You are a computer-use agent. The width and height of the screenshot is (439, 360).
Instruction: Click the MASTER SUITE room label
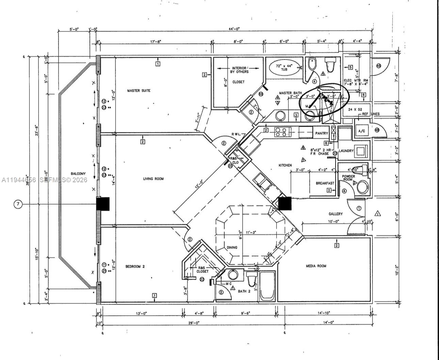pyautogui.click(x=139, y=91)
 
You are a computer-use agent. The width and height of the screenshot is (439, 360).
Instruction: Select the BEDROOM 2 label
pyautogui.click(x=135, y=266)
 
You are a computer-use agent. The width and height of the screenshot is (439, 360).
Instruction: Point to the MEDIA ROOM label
pyautogui.click(x=316, y=266)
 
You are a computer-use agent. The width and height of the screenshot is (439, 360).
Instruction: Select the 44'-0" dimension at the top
pyautogui.click(x=234, y=29)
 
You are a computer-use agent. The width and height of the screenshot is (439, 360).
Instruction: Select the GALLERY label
pyautogui.click(x=336, y=214)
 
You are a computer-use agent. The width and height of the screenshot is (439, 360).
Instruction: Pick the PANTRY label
pyautogui.click(x=321, y=133)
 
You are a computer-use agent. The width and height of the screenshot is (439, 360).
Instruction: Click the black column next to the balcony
pyautogui.click(x=103, y=204)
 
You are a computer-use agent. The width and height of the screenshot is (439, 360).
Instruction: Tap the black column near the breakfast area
pyautogui.click(x=285, y=203)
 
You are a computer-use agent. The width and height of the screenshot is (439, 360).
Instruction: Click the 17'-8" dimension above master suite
pyautogui.click(x=156, y=42)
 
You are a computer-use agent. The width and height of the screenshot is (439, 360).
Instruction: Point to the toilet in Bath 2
pyautogui.click(x=251, y=280)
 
